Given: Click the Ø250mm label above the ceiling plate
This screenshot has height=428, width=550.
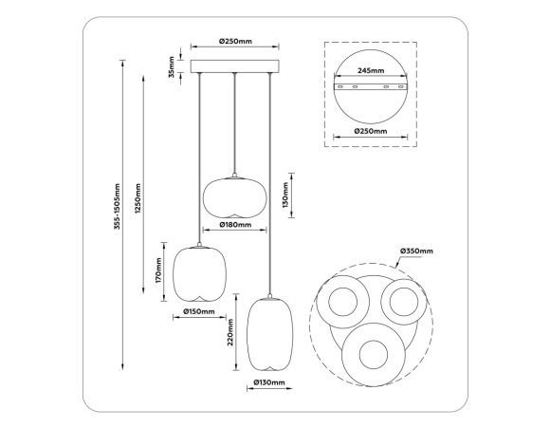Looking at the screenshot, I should (234, 42).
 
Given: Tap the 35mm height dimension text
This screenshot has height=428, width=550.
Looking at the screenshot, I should (172, 67).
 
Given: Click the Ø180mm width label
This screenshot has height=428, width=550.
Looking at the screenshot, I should (234, 225).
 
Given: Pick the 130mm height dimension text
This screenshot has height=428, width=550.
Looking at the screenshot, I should (285, 196).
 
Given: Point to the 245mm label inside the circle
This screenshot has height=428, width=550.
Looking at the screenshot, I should (371, 71).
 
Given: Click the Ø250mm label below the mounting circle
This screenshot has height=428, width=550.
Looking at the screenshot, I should (370, 132).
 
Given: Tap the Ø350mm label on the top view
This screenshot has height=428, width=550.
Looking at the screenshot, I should (415, 251).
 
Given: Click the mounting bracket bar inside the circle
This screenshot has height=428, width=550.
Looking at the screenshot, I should (371, 87).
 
